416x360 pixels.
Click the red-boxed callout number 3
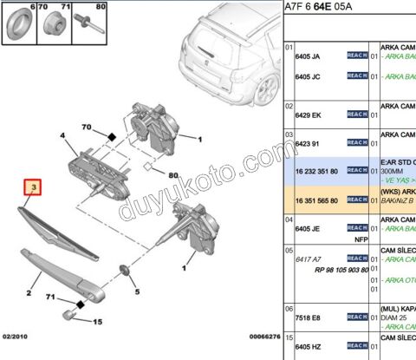click(34, 187)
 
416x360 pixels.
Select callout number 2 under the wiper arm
click(29, 293)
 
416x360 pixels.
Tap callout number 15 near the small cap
click(98, 323)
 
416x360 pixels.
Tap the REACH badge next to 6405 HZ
click(357, 346)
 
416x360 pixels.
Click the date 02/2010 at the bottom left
click(16, 350)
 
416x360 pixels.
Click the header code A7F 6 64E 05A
click(326, 10)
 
